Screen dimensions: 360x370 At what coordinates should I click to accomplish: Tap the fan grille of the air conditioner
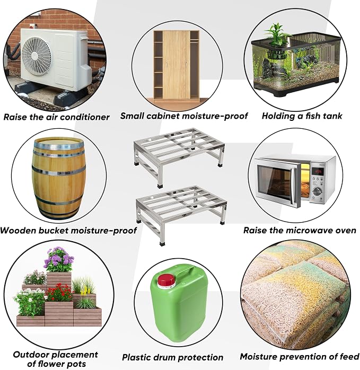click(x=36, y=57)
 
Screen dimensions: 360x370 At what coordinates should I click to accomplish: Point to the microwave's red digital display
click(x=317, y=172)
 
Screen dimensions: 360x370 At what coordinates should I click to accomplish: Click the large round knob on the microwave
click(x=318, y=191)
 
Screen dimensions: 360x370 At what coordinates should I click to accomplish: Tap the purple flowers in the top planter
click(x=59, y=259)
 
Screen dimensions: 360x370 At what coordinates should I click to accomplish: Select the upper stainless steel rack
click(x=179, y=156)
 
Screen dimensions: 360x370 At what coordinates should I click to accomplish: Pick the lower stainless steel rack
click(x=181, y=214)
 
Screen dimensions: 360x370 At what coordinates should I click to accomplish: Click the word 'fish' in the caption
click(x=313, y=116)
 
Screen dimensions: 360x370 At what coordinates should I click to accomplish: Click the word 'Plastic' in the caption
click(x=136, y=357)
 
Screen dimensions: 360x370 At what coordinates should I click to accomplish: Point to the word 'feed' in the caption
click(x=349, y=356)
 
